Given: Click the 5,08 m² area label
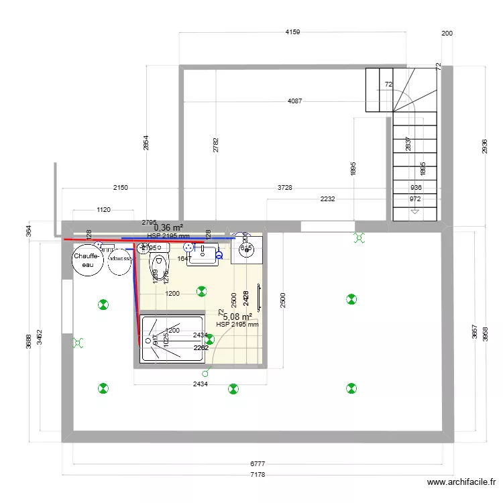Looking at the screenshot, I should [x=237, y=317].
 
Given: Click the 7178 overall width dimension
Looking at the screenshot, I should [x=258, y=475].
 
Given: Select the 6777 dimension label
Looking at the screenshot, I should [x=258, y=464].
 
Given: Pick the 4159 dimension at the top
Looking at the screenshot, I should [x=293, y=32].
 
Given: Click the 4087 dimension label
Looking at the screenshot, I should [x=294, y=101].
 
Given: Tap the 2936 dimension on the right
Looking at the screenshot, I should [x=484, y=147].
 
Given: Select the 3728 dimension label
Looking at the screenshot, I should [x=285, y=188].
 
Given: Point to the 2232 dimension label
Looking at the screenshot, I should [x=328, y=199].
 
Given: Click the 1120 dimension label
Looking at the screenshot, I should [x=103, y=210].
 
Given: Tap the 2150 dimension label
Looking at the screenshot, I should [x=120, y=188].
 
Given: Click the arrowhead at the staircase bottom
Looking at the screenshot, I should [x=415, y=212].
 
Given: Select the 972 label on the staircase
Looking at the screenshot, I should [x=416, y=199].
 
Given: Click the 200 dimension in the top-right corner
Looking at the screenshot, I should [x=447, y=34].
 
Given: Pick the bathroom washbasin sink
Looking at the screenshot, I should [x=203, y=254].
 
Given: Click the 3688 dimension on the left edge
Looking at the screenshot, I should [x=28, y=341].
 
